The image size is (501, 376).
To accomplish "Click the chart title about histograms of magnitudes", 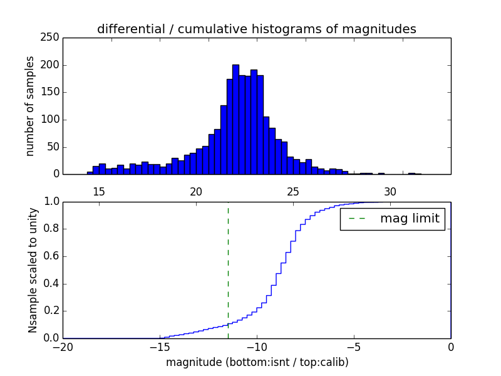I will (x=256, y=29).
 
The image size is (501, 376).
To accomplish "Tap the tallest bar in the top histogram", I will (x=235, y=119).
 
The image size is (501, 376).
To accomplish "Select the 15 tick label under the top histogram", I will (x=99, y=191).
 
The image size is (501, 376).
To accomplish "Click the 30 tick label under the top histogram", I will (x=390, y=191).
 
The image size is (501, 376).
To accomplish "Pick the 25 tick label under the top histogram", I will (x=293, y=191).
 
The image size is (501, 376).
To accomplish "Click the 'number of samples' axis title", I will (x=30, y=106).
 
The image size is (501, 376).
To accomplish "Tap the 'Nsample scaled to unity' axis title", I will (x=33, y=269).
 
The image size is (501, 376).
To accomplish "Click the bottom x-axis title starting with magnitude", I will (x=257, y=362).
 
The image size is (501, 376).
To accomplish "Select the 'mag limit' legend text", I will (x=410, y=219).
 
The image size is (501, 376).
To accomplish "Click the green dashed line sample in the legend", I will (x=357, y=219).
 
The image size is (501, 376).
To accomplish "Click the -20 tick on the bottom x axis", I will (x=63, y=347).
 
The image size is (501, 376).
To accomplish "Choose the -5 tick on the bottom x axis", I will (x=354, y=347).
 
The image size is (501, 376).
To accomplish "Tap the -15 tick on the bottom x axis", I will (x=160, y=347).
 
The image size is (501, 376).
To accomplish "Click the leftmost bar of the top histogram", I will (x=90, y=173).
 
